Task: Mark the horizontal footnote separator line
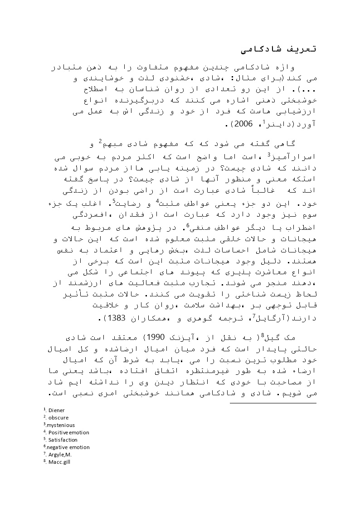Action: (272, 402)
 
